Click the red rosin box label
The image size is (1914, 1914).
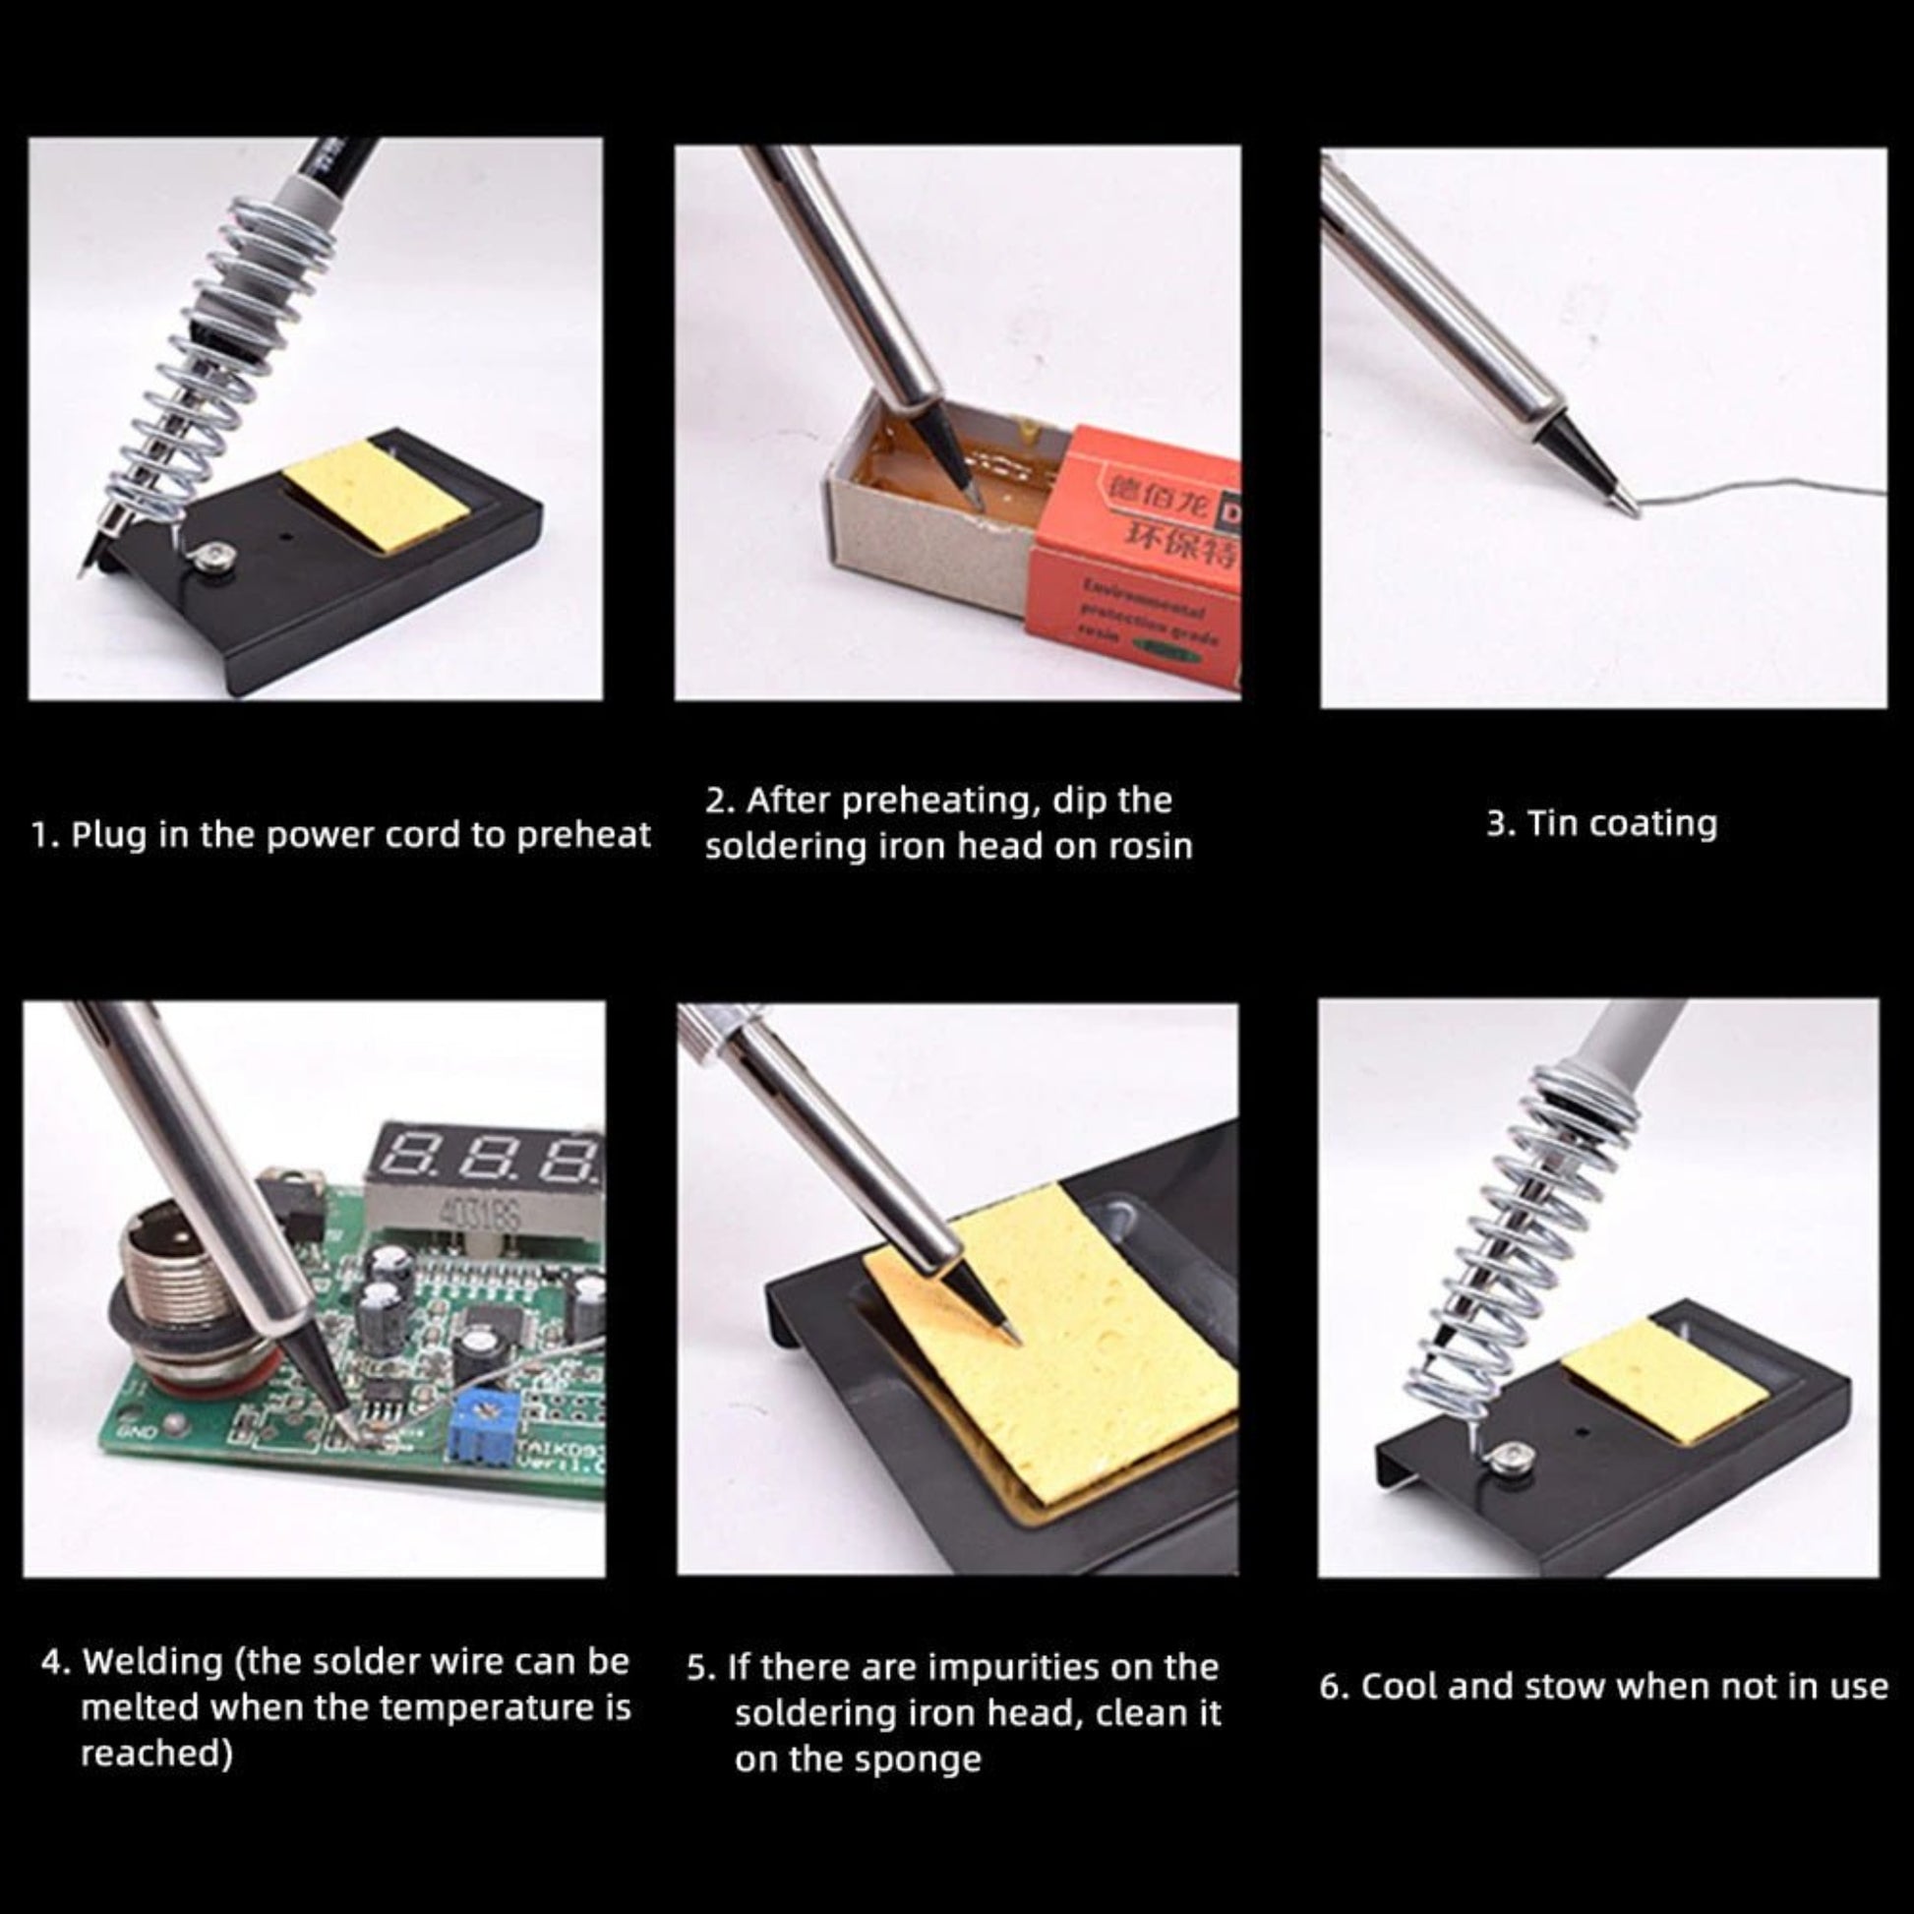point(1139,555)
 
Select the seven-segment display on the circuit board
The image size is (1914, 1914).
point(496,1164)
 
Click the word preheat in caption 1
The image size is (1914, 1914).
point(583,836)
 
